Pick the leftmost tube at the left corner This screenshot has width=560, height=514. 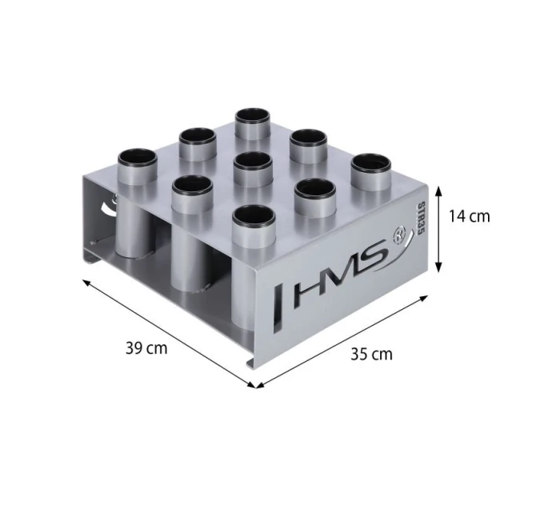135,161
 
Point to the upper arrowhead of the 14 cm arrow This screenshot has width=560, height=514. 438,187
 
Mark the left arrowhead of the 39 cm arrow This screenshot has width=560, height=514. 84,280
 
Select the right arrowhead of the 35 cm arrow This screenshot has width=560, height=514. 430,295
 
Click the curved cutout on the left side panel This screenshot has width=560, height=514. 106,210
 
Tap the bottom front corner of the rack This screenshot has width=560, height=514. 254,368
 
